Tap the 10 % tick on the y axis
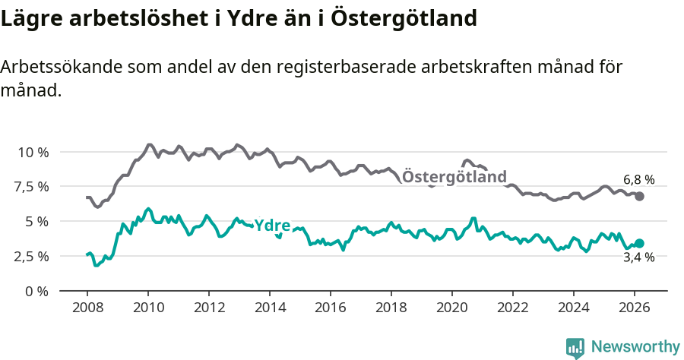33,152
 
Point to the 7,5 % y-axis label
33,187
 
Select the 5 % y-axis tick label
36,221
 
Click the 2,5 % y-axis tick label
33,256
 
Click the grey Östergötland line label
454,177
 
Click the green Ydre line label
272,225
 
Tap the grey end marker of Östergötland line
639,196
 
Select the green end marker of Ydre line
639,243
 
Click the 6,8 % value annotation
638,180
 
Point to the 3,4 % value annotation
638,258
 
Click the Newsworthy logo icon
575,347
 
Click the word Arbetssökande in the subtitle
52,67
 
